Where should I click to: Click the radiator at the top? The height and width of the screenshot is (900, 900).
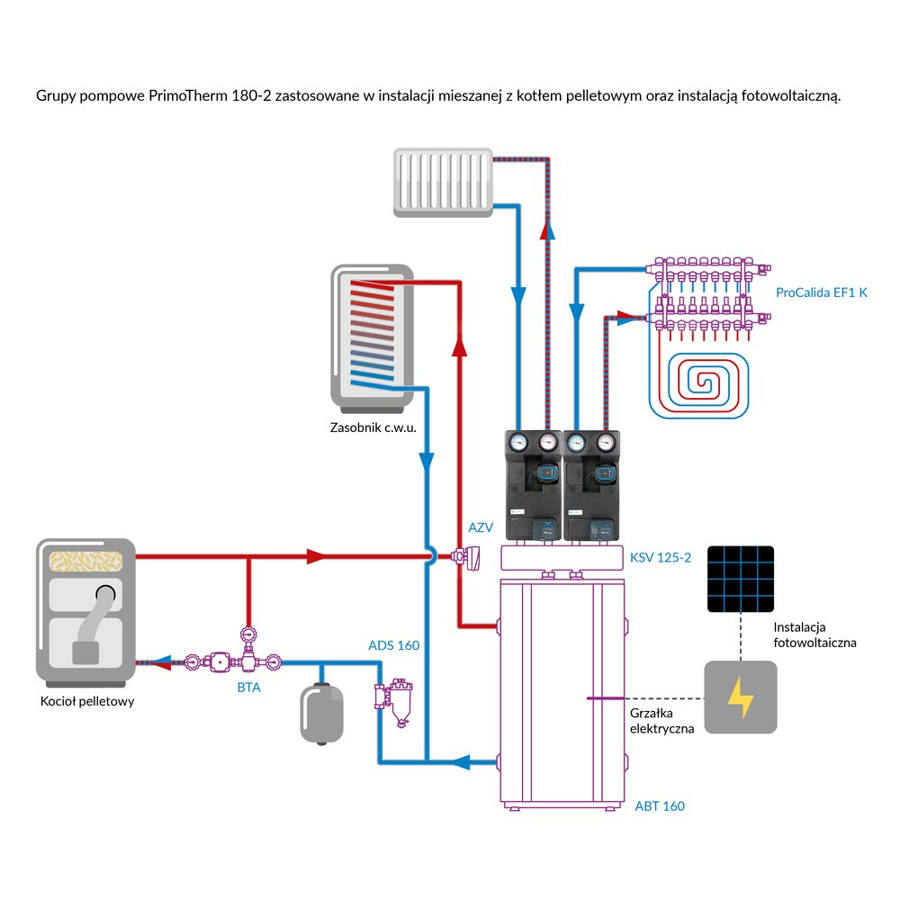coord(444,184)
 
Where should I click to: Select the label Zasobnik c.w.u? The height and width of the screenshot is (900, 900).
coord(373,428)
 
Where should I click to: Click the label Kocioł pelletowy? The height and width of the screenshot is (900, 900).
coord(88,701)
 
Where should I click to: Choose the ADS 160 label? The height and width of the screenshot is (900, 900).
coord(394,645)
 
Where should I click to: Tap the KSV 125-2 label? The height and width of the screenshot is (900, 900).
coord(661,558)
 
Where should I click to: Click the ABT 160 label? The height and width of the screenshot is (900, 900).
coord(660,806)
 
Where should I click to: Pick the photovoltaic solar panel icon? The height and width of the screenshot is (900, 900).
coord(741,573)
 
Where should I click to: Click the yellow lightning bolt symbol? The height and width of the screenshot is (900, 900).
coord(741,697)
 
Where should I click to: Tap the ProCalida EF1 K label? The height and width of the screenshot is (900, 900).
coord(822,293)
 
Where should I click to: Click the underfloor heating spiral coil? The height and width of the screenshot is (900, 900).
coord(711,382)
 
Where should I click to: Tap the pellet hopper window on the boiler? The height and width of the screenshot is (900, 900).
coord(85,560)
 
